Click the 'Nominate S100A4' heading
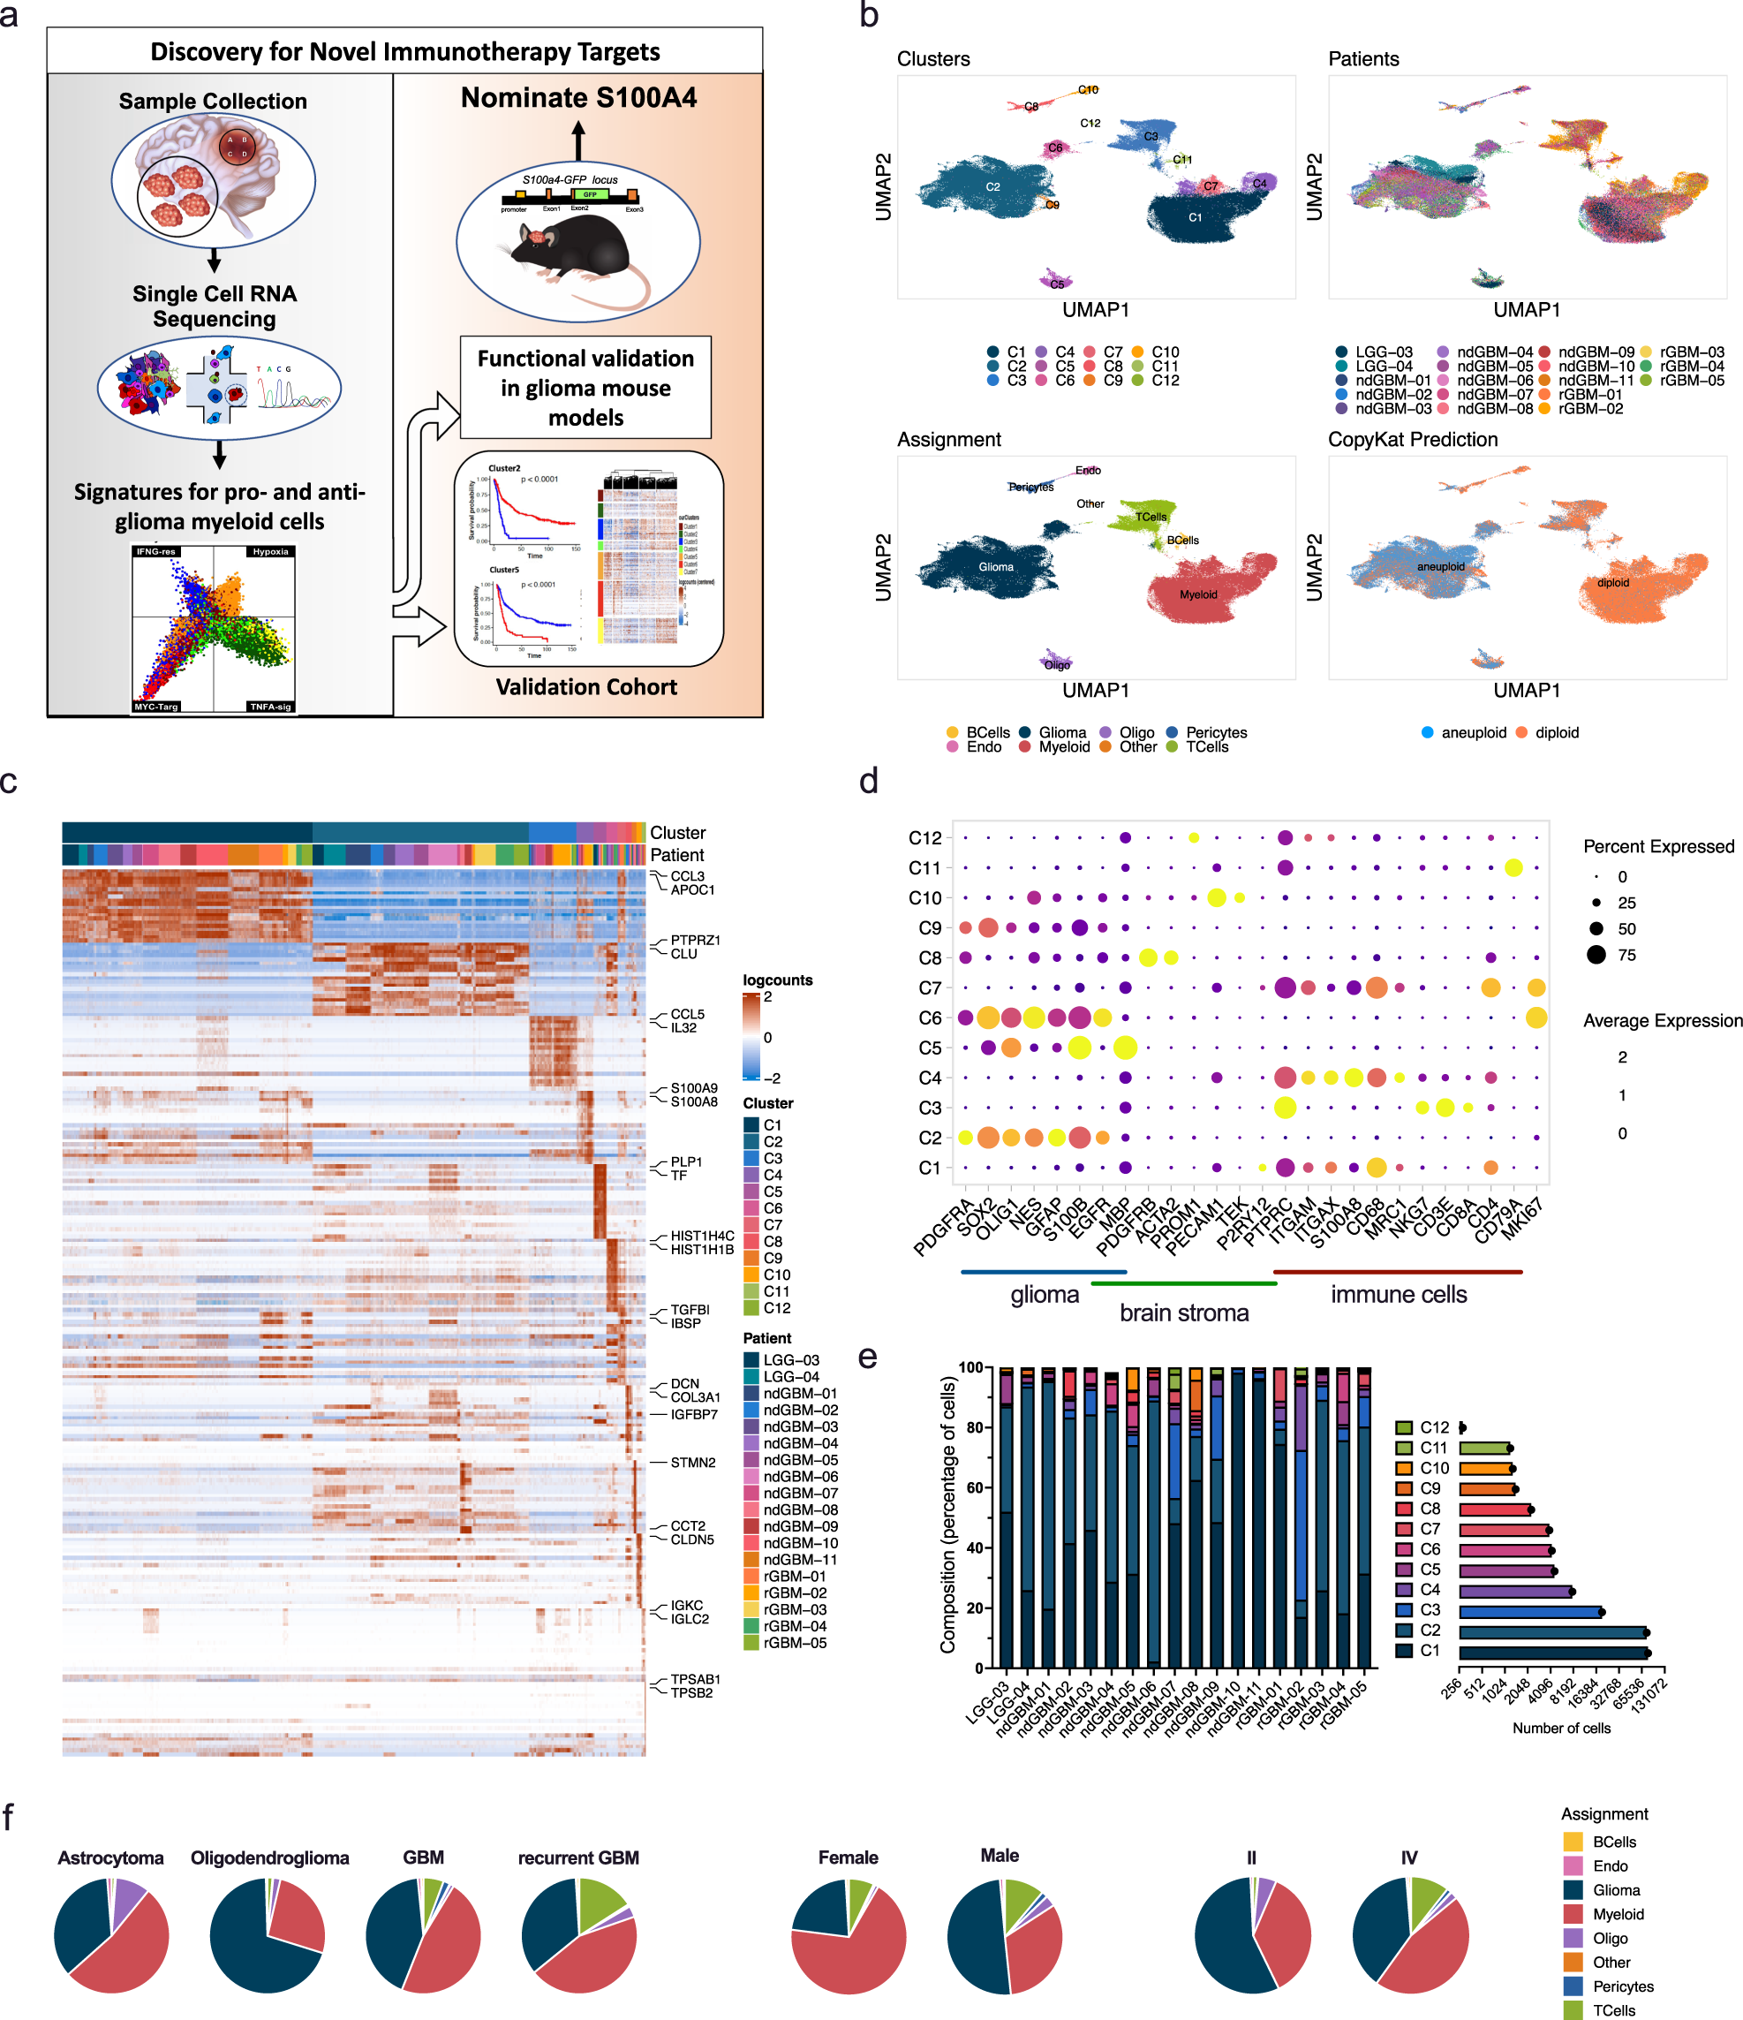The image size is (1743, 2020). point(578,97)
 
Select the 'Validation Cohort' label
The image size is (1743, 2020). point(586,687)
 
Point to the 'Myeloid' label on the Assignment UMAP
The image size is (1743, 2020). point(1198,594)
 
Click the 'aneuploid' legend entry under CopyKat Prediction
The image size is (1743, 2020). point(1473,733)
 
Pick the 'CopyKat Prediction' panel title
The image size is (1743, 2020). point(1412,440)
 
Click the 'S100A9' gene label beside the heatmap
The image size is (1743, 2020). point(693,1088)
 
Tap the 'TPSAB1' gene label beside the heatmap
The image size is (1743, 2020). point(694,1679)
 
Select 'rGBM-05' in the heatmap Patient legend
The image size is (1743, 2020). point(794,1643)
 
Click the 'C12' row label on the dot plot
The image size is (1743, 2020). point(924,838)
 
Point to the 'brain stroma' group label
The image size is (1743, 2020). point(1183,1313)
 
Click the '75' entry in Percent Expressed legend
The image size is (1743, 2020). point(1626,956)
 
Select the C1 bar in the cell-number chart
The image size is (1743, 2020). point(1552,1652)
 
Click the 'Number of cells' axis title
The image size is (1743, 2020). point(1561,1729)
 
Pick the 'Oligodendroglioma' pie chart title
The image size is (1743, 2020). point(269,1858)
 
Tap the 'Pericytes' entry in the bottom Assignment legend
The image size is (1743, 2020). point(1622,1986)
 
